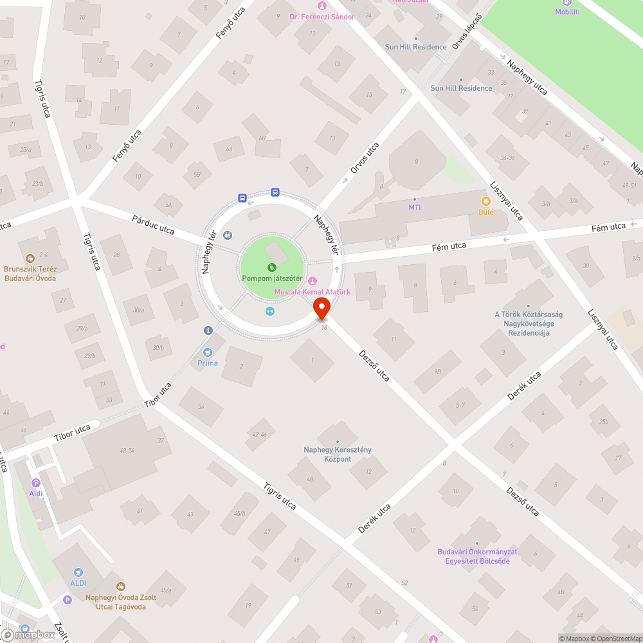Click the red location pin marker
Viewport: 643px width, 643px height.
click(x=321, y=311)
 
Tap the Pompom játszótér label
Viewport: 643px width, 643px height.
click(x=272, y=278)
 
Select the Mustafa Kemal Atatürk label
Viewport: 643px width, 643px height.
click(x=312, y=291)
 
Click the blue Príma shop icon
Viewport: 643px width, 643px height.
click(x=208, y=352)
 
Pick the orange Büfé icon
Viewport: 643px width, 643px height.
click(x=486, y=201)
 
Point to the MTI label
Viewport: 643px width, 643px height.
click(x=414, y=207)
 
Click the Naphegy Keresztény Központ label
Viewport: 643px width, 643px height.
click(x=338, y=454)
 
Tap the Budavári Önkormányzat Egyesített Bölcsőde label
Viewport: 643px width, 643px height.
click(x=477, y=556)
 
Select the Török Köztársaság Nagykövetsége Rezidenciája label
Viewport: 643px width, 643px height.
click(x=528, y=323)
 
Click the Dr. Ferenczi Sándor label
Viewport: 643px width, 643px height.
click(x=321, y=17)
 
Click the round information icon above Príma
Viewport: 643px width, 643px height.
click(x=208, y=331)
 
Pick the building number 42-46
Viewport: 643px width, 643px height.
click(x=260, y=434)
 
